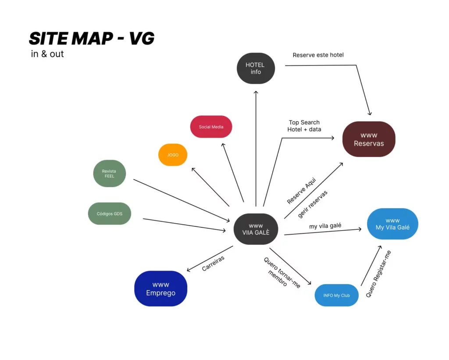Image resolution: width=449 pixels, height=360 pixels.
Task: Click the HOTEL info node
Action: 256,68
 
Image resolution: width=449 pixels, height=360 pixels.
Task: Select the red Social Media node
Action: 211,127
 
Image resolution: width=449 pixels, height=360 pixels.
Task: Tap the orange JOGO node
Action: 173,155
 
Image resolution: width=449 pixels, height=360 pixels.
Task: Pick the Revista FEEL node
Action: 109,174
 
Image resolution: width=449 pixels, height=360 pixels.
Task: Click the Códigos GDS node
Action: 110,214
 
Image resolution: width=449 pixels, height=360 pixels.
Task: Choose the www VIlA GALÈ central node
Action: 256,229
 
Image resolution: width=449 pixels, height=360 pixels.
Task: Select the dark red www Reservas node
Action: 369,139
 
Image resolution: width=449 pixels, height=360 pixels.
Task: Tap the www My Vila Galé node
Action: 392,224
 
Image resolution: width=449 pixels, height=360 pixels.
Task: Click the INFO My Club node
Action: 337,296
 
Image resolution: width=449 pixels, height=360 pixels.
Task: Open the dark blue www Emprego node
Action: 160,289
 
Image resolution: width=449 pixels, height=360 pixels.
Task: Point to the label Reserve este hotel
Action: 318,55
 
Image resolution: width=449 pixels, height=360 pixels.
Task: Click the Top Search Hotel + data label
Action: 304,126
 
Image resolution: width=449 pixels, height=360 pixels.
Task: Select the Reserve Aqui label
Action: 301,190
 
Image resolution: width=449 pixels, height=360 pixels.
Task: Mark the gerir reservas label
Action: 313,204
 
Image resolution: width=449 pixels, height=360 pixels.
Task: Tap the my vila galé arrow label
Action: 325,226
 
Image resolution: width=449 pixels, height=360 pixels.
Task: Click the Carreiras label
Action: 213,264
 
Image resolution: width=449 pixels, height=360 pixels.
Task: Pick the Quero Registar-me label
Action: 378,274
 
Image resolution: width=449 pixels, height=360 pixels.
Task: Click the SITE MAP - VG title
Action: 92,39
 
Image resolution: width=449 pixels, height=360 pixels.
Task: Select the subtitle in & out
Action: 47,54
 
